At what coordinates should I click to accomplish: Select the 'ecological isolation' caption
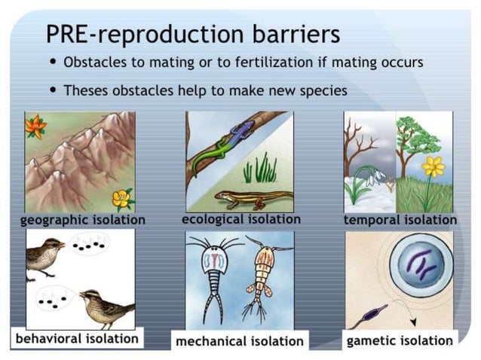pos(240,219)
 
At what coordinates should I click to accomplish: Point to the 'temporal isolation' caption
pos(400,220)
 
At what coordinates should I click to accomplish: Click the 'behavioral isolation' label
pos(78,338)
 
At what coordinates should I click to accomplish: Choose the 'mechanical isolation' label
pos(239,341)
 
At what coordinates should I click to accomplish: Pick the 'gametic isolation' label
pos(400,340)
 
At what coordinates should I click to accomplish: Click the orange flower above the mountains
pos(35,126)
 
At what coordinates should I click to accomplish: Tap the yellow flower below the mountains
pos(121,198)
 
